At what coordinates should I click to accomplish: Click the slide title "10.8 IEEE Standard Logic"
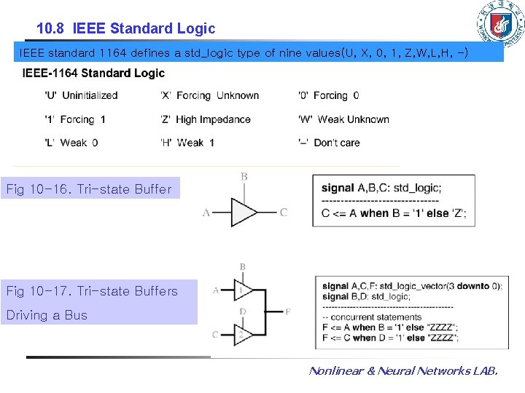[x=126, y=29]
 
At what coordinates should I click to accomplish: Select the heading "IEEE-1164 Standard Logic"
[x=94, y=73]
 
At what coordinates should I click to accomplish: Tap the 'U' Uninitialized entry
[x=81, y=95]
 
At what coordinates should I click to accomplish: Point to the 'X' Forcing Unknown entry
[x=209, y=95]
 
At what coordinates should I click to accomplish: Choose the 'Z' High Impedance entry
[x=205, y=119]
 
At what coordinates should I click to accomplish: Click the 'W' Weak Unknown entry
[x=343, y=119]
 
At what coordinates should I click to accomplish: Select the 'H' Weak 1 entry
[x=187, y=143]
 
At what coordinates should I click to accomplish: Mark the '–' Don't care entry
[x=329, y=143]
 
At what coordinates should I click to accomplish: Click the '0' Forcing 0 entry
[x=328, y=95]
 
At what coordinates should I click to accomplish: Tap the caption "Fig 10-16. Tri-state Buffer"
[x=89, y=189]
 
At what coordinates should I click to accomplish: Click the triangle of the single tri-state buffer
[x=244, y=213]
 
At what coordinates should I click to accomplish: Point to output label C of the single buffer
[x=284, y=213]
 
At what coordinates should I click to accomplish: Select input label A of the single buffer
[x=206, y=213]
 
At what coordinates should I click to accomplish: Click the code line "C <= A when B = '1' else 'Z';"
[x=394, y=213]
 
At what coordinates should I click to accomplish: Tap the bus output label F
[x=288, y=311]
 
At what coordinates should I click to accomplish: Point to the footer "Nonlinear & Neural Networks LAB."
[x=403, y=371]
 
